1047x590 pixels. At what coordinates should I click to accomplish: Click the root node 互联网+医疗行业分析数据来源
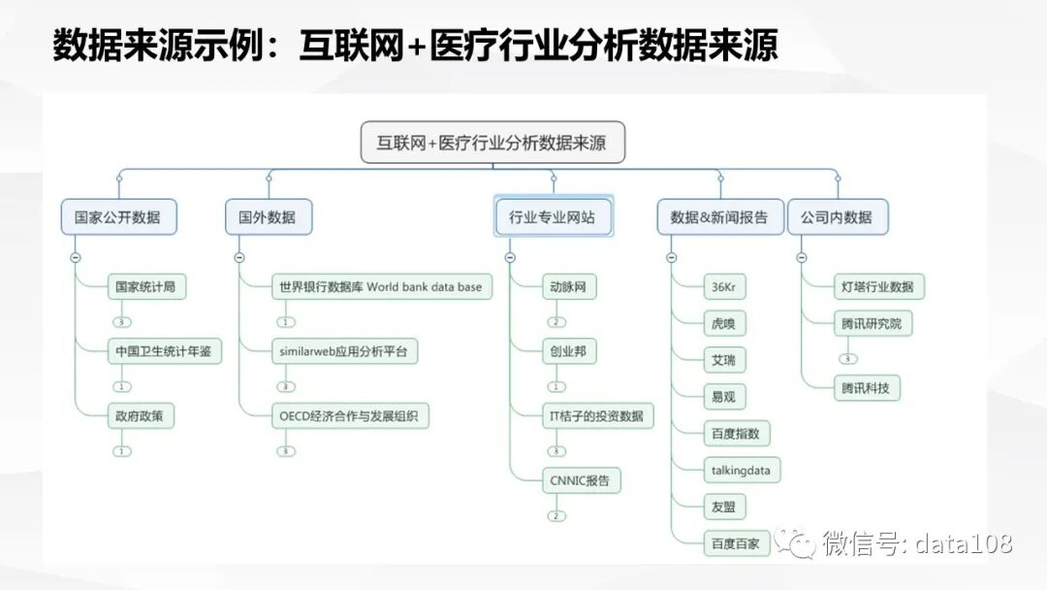pos(493,143)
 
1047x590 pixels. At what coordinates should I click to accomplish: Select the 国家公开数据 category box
pos(118,217)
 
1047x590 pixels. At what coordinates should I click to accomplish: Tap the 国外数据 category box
pos(268,217)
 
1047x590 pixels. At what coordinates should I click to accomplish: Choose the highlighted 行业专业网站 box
pos(553,217)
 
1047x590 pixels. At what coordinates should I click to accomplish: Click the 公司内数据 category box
pos(837,217)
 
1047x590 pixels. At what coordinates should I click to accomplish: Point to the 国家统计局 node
pos(145,286)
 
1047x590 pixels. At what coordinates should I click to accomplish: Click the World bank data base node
pos(380,286)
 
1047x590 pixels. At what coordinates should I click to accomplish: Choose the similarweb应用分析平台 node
pos(344,351)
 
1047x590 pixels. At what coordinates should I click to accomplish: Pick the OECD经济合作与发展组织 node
pos(348,416)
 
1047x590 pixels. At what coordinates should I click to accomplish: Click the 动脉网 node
pos(568,286)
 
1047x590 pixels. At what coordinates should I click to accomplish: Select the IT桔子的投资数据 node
pos(597,416)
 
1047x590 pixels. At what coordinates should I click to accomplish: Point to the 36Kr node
pos(724,286)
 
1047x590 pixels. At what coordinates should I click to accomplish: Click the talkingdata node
pos(742,471)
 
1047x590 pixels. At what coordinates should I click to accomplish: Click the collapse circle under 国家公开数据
pos(75,257)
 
